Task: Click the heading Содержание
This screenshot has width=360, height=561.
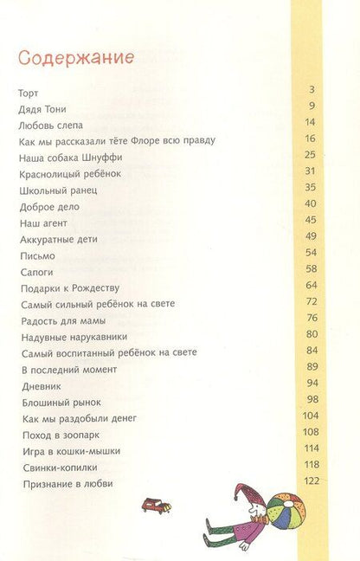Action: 75,59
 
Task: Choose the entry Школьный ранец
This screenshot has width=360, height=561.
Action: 58,190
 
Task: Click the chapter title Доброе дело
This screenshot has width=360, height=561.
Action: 48,206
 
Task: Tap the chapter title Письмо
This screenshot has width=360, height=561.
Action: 36,255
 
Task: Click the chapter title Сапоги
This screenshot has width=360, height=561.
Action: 35,272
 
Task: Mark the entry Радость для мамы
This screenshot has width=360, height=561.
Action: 61,320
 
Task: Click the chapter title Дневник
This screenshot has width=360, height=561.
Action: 39,386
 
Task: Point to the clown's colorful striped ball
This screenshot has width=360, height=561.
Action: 285,510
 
